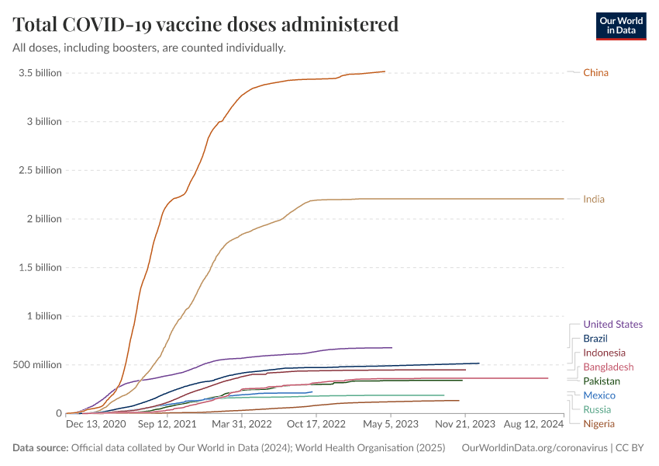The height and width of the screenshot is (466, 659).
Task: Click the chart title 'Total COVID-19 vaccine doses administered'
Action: (205, 24)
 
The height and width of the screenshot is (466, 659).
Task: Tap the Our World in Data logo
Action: (620, 26)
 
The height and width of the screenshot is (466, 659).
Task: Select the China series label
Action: (595, 73)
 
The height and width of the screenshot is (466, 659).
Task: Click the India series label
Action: (594, 200)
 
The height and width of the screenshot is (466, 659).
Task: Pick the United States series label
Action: (612, 325)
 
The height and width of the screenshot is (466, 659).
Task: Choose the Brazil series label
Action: (595, 339)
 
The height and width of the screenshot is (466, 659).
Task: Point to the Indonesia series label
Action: (604, 353)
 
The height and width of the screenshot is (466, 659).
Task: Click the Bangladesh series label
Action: (608, 367)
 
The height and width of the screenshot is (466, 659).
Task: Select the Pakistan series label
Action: (602, 381)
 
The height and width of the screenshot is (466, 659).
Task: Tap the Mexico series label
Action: (599, 396)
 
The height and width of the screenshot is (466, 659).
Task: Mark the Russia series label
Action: (597, 410)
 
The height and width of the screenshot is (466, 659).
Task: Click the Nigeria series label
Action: (599, 424)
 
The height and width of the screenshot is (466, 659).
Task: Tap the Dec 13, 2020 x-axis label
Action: (95, 425)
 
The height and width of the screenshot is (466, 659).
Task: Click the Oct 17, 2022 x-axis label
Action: (316, 425)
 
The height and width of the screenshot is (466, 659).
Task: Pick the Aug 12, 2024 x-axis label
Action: (534, 425)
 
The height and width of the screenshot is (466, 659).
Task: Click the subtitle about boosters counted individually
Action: (149, 48)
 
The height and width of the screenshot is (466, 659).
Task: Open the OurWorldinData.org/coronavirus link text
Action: (533, 448)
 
